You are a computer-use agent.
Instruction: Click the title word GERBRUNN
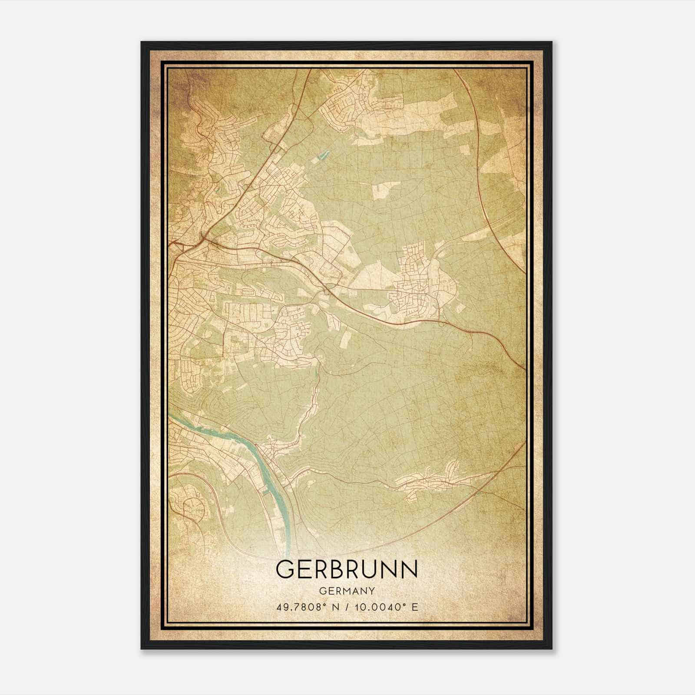point(347,569)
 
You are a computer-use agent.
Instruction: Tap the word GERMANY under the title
point(347,591)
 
